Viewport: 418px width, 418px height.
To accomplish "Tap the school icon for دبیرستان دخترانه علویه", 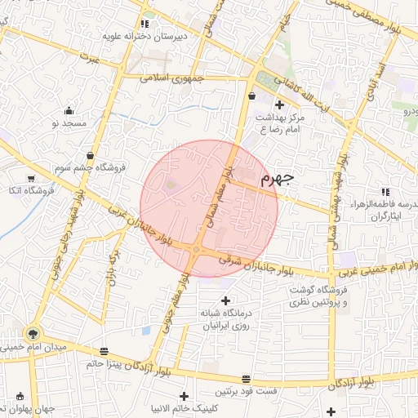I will (145, 24).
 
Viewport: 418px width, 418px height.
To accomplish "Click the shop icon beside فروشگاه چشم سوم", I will (89, 156).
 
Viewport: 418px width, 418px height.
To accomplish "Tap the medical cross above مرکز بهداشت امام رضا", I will (280, 104).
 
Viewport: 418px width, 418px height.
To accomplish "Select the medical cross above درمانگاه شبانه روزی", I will (226, 301).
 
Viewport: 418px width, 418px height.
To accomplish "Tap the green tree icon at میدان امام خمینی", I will (33, 332).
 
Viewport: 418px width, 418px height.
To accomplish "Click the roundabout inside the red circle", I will (196, 250).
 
